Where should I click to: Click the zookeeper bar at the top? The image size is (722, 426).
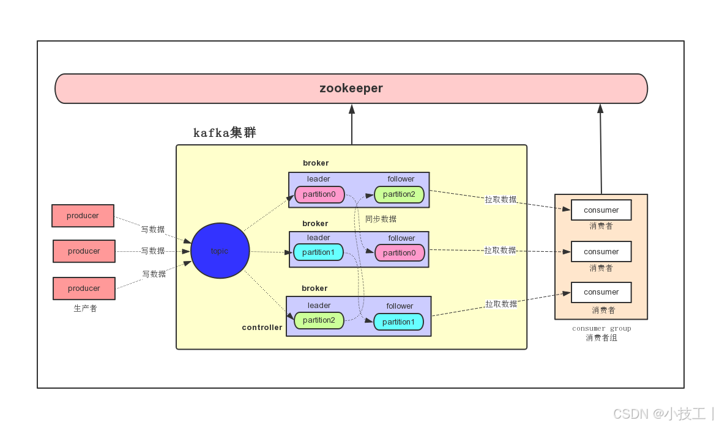[351, 89]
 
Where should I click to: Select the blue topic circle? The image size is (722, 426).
[220, 251]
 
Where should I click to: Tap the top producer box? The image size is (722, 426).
[83, 216]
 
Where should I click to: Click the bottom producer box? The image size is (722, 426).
[84, 288]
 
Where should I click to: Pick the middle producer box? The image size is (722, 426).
[84, 251]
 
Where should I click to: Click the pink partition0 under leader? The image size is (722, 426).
[319, 194]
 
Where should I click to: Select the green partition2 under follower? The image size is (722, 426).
[399, 194]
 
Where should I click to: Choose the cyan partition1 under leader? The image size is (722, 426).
[318, 252]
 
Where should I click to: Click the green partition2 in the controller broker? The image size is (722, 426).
[318, 320]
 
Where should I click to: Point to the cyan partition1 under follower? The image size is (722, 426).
[398, 322]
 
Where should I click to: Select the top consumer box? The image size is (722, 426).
[601, 210]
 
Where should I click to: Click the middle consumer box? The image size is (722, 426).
[601, 252]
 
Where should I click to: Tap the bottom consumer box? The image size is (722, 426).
[601, 292]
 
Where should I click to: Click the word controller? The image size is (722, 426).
[262, 328]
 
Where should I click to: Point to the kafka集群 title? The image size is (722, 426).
[225, 133]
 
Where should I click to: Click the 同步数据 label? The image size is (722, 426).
[381, 219]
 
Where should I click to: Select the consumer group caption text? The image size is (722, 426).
[601, 329]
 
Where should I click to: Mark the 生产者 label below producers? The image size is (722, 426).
[85, 309]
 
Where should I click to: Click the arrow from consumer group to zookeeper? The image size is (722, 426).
[600, 150]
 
